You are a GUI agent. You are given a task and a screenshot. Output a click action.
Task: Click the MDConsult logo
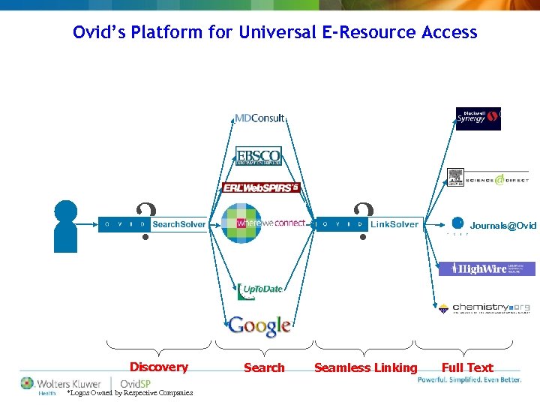pos(259,118)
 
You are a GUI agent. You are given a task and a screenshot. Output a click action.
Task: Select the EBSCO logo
pos(258,156)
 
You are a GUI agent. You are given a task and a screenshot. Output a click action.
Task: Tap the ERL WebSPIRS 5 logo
pos(261,187)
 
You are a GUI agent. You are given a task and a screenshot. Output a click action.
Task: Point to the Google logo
pos(259,325)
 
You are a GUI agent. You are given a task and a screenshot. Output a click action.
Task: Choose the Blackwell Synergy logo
pos(478,118)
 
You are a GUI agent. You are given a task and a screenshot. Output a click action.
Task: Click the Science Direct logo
pos(487,178)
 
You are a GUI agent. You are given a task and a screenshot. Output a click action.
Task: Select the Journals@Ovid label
pos(502,225)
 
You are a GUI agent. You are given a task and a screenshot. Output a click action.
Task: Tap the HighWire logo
pos(487,268)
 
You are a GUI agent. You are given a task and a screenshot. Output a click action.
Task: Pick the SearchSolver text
pos(178,224)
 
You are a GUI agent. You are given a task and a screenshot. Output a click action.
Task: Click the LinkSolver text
pos(394,224)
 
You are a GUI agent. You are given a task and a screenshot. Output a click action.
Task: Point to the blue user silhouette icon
pos(67,225)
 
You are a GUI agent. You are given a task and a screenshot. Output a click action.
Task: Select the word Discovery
pos(158,367)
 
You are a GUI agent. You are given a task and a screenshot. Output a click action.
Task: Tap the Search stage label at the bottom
pos(264,367)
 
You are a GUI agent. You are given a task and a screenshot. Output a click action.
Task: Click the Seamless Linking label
pos(365,367)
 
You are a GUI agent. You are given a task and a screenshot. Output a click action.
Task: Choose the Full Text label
pos(466,367)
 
